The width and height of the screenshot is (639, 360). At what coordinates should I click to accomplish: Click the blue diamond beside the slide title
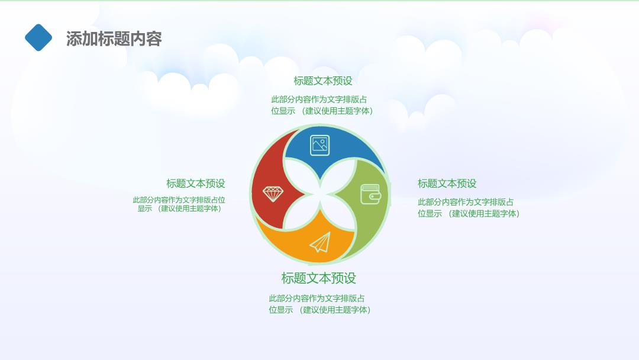[x=38, y=37]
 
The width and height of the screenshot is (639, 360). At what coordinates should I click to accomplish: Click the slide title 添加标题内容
[x=114, y=38]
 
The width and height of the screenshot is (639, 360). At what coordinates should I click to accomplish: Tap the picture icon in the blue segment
[x=320, y=145]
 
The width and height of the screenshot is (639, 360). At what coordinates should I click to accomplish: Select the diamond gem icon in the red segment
[x=273, y=194]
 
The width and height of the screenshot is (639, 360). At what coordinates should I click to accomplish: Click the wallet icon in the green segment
[x=371, y=194]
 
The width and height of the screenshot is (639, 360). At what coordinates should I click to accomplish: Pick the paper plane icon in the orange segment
[x=320, y=243]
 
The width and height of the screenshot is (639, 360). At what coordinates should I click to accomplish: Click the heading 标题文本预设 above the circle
[x=323, y=81]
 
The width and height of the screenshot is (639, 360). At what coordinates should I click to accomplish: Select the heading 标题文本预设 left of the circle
[x=196, y=184]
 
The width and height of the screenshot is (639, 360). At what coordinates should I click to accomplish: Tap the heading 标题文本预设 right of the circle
[x=447, y=184]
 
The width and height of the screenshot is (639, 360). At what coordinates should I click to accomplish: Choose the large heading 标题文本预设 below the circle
[x=319, y=278]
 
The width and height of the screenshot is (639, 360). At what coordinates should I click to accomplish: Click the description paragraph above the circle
[x=322, y=105]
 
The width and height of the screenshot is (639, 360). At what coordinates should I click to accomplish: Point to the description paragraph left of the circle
[x=179, y=204]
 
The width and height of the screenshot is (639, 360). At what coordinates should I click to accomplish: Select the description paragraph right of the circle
[x=469, y=207]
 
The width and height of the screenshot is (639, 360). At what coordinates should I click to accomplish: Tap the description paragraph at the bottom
[x=319, y=304]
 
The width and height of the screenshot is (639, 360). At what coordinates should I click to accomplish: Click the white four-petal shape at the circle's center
[x=320, y=194]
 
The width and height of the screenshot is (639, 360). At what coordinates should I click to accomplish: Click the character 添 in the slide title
[x=74, y=38]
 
